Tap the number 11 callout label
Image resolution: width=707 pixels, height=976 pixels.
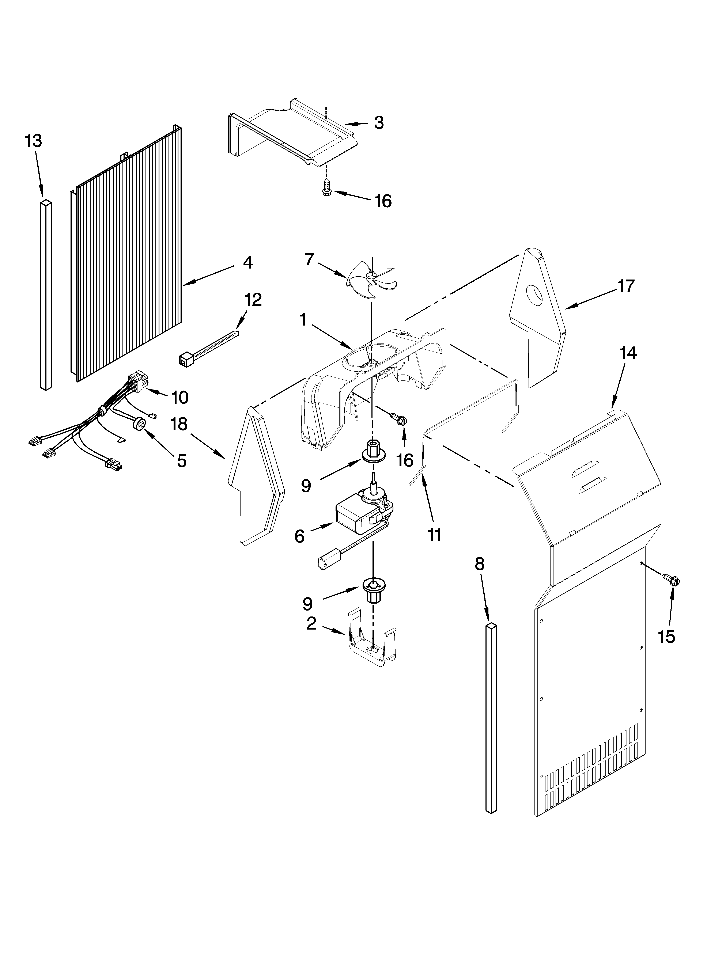pyautogui.click(x=434, y=535)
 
